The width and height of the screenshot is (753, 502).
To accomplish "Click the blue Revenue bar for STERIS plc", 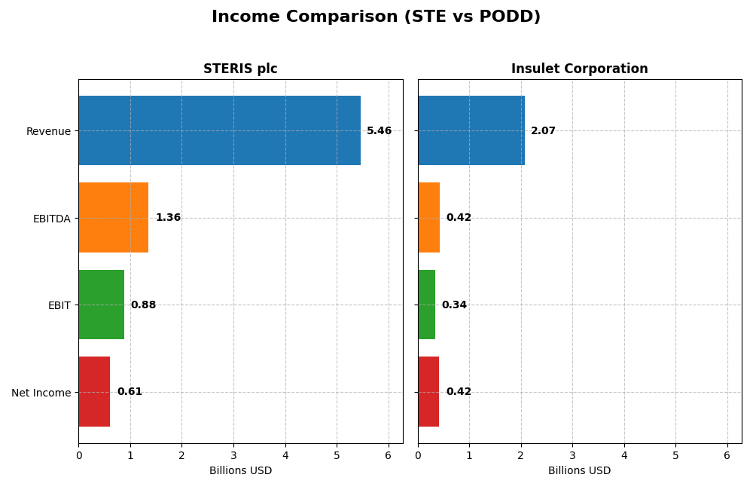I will [219, 130].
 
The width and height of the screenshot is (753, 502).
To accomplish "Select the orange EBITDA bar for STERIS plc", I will [113, 218].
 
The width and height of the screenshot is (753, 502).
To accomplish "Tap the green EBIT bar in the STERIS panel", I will [101, 305].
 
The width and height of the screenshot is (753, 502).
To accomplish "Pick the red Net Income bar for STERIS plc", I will [94, 392].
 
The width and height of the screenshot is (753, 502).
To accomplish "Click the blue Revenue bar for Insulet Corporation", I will [471, 130].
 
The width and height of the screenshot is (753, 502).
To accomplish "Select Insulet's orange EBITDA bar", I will [428, 218].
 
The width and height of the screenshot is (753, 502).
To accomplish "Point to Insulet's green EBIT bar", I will [426, 305].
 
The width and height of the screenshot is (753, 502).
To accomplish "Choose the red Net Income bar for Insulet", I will [428, 392].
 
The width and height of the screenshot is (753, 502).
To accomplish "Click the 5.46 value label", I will [379, 131].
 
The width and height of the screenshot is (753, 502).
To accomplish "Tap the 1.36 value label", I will [168, 218].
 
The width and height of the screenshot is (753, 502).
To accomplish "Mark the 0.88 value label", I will [143, 305].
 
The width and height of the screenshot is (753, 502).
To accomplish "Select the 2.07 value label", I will [543, 131].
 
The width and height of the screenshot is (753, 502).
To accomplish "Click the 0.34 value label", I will [454, 305].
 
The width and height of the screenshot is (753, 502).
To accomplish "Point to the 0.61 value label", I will [130, 392].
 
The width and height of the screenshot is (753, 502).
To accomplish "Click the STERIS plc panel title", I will [240, 69].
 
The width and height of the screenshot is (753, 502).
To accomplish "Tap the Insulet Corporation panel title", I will [579, 69].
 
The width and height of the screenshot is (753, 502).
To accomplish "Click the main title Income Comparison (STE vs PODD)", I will [376, 17].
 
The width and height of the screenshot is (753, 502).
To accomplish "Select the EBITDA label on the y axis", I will [51, 219].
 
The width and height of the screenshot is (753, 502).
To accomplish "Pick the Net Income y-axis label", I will [41, 393].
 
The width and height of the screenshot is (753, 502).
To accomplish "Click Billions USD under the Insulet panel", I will [579, 471].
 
